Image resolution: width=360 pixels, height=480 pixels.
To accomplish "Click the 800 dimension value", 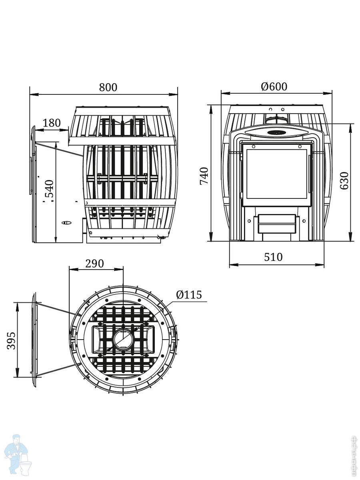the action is (x=108, y=87).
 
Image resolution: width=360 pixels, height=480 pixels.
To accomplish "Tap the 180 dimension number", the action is (x=51, y=123).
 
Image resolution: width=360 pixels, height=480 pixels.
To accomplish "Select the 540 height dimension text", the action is (x=50, y=188).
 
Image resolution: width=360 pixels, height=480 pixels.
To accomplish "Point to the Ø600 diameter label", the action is (x=274, y=86).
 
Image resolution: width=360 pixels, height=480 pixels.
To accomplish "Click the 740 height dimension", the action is (x=204, y=176).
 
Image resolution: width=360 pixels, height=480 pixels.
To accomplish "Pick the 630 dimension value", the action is (x=344, y=181).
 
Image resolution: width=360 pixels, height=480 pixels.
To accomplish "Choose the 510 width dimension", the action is (x=273, y=257).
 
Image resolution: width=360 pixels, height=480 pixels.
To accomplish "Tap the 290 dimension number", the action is (x=94, y=264).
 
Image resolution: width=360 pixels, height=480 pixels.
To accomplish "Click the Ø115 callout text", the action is (x=189, y=295).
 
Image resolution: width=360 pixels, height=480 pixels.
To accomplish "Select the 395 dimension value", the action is (x=11, y=341).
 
